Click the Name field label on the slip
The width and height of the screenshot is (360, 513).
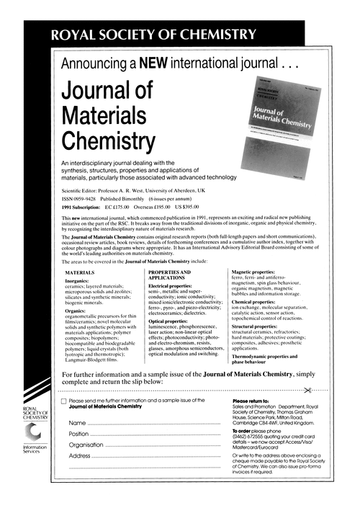point(78,422)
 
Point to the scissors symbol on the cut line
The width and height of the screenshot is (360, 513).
point(307,390)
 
